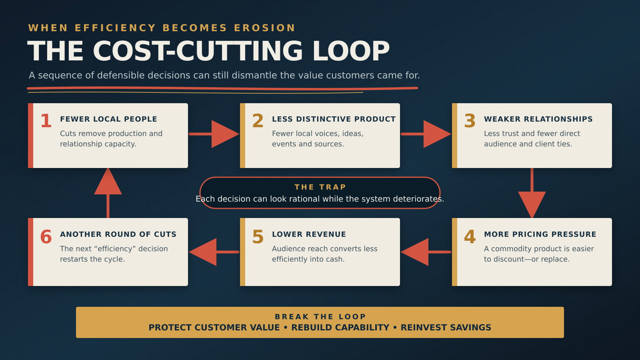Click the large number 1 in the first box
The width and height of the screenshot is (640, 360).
tap(46, 121)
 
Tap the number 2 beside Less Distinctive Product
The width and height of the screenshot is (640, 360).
tap(258, 121)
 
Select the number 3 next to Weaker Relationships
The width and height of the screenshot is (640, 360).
tap(470, 121)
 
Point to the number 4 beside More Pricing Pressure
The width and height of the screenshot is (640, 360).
tap(470, 236)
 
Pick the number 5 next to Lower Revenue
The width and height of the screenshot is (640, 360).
tap(258, 236)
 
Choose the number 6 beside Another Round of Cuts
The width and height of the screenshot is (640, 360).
tap(46, 236)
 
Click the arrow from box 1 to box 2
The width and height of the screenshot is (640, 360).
tap(214, 134)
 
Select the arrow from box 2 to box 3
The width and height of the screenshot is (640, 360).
tap(426, 134)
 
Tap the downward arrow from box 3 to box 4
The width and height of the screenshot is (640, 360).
tap(532, 193)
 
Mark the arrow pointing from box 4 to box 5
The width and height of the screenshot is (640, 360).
tap(426, 252)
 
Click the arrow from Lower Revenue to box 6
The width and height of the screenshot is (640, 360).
tap(214, 252)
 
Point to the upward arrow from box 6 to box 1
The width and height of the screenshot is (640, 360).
tap(108, 193)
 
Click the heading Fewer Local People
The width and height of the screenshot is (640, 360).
tap(108, 119)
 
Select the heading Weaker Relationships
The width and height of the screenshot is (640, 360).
tap(538, 119)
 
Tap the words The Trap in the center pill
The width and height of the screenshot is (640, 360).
tap(320, 187)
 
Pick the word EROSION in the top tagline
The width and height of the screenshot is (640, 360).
tap(264, 28)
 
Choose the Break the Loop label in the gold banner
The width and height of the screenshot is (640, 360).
tap(320, 316)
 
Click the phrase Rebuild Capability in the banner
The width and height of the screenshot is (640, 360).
tap(340, 328)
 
